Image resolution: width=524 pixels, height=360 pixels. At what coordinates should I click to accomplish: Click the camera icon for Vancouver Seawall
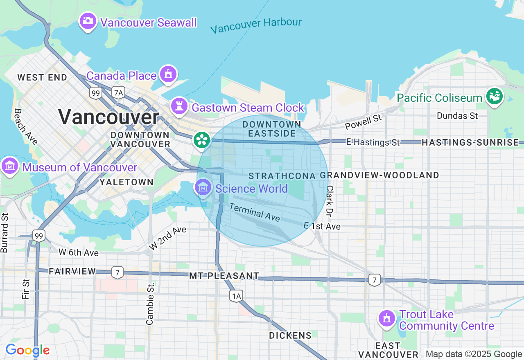(x=88, y=20)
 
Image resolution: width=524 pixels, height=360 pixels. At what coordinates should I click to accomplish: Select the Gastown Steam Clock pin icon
(x=179, y=106)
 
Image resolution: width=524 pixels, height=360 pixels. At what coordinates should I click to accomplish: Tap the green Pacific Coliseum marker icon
(x=495, y=97)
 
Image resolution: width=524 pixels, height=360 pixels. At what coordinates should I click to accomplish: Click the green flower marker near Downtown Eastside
(x=201, y=140)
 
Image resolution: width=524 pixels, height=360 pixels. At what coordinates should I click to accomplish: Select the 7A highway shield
(x=118, y=93)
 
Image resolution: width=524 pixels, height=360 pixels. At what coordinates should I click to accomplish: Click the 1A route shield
(x=236, y=296)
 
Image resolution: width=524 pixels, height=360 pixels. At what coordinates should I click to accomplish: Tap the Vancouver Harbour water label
(x=256, y=25)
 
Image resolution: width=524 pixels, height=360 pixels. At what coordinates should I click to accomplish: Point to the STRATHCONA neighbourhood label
(x=282, y=176)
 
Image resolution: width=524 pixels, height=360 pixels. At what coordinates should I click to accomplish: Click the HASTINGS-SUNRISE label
(x=470, y=142)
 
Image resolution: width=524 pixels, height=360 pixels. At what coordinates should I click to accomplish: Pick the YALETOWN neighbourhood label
(x=126, y=182)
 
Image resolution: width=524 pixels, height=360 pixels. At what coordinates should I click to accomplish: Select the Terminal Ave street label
(x=254, y=212)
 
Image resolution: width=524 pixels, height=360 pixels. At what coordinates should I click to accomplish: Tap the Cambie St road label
(x=150, y=303)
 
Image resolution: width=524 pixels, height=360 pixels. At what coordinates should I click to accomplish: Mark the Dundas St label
(x=457, y=116)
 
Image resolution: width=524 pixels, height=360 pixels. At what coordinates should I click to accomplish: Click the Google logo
(x=27, y=351)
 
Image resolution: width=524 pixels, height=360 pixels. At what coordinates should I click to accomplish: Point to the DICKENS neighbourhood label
(x=290, y=335)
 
